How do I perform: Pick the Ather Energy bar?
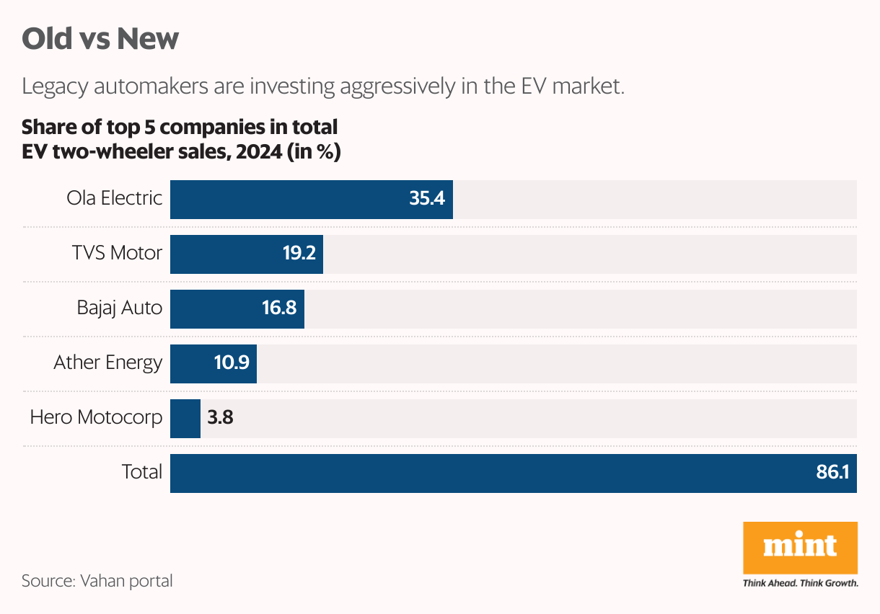[x=191, y=364]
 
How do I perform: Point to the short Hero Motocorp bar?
[x=185, y=419]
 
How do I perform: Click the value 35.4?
[x=426, y=200]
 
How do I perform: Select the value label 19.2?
[x=298, y=254]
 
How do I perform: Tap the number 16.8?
[x=279, y=309]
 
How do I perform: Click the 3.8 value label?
[x=220, y=419]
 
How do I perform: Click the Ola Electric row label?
[x=114, y=198]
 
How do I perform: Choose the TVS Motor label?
[x=117, y=253]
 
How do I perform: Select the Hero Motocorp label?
[x=96, y=417]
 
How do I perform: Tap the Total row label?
[x=141, y=472]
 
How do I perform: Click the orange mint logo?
[x=800, y=548]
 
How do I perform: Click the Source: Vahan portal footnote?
[x=97, y=580]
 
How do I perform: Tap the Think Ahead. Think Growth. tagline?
[x=800, y=583]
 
